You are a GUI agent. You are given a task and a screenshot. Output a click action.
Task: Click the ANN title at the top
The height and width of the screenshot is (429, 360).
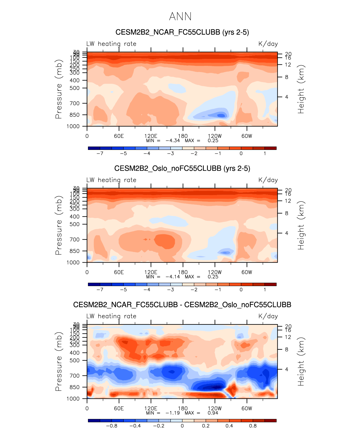[180, 17]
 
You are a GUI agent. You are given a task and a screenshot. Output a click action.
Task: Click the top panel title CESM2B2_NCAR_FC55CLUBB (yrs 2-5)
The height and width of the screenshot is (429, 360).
[182, 32]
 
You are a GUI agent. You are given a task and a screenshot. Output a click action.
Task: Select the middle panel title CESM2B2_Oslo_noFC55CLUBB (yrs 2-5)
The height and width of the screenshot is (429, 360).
[182, 168]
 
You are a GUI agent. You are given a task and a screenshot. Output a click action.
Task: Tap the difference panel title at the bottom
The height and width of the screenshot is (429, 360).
[182, 305]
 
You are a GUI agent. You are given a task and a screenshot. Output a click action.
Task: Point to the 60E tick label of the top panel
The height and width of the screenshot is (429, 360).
[119, 136]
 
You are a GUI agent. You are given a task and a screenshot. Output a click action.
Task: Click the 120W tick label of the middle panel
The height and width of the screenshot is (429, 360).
[215, 272]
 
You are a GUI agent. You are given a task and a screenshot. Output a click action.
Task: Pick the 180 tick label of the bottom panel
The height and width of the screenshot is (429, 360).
[183, 408]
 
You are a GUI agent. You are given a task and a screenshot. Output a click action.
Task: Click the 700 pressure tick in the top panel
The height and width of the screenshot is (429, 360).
[74, 103]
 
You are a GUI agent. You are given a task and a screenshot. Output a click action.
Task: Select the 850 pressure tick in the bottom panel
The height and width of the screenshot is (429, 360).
[74, 387]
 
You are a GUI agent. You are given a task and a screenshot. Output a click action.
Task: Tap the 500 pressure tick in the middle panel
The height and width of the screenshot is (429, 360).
[74, 224]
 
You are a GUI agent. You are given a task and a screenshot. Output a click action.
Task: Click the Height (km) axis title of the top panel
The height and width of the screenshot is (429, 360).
[301, 89]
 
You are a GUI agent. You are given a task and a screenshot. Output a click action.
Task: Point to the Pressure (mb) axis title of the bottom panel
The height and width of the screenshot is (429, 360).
[58, 361]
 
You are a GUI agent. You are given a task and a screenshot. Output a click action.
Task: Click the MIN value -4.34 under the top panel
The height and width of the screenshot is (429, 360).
[173, 141]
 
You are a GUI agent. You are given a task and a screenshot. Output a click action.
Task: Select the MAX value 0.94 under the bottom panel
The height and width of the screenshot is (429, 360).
[213, 413]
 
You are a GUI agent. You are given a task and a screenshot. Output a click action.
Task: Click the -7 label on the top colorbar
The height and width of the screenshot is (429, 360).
[100, 154]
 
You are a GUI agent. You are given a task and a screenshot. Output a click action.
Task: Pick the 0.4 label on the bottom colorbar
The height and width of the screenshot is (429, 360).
[229, 426]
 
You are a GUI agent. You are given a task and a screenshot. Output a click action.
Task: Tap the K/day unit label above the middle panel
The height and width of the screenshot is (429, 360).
[268, 180]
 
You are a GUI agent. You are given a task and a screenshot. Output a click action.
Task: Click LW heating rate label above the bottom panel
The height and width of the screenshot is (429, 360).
[111, 316]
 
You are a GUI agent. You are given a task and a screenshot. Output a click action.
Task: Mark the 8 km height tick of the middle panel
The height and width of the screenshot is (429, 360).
[287, 213]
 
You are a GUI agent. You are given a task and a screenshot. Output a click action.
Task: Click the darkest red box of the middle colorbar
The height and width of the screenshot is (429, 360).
[270, 284]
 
